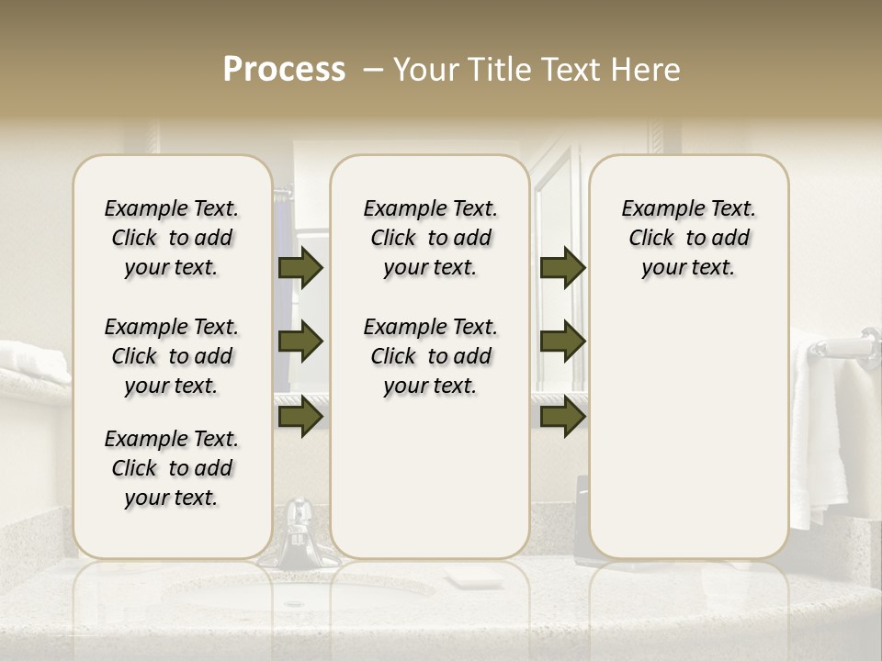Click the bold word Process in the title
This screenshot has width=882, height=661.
click(284, 70)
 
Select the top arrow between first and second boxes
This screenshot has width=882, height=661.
click(300, 267)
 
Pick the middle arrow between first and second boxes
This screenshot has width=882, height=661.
click(300, 342)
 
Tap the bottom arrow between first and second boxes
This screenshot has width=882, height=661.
click(300, 417)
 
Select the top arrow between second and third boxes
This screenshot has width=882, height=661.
click(562, 267)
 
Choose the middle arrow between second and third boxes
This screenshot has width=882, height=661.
click(562, 342)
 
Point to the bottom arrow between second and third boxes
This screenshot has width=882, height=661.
click(562, 417)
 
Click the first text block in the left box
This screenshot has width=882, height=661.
click(172, 238)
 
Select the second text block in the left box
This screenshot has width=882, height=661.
click(172, 356)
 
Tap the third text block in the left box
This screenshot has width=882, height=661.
click(172, 468)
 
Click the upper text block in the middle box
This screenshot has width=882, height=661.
click(430, 238)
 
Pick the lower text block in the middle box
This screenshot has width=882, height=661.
click(430, 356)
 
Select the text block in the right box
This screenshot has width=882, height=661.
click(688, 238)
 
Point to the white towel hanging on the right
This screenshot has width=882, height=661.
click(818, 431)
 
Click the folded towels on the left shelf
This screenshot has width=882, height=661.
click(32, 361)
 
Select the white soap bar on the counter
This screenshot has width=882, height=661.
click(472, 577)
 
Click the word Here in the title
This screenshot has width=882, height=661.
click(647, 70)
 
